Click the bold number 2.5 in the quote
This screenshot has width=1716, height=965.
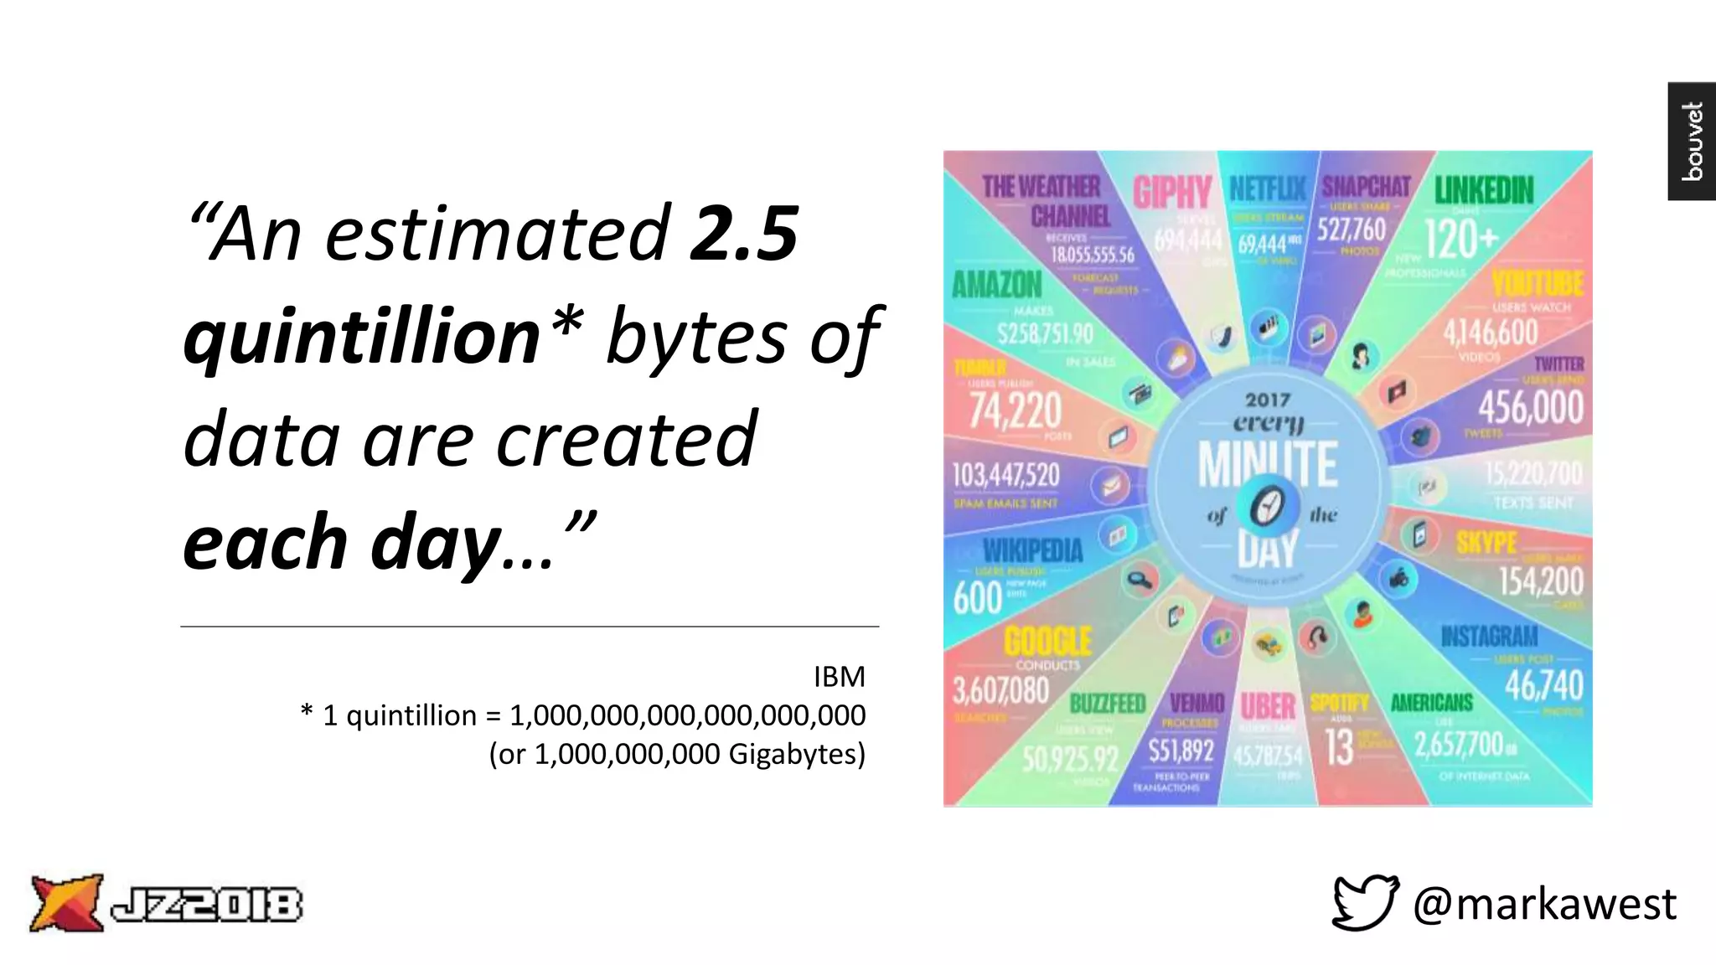[743, 234]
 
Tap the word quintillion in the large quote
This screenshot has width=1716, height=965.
[362, 337]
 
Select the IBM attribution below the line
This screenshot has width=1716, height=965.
[839, 677]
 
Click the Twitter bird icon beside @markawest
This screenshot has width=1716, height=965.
[1365, 902]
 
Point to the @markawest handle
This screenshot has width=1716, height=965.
[1544, 904]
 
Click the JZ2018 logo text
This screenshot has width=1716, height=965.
[206, 905]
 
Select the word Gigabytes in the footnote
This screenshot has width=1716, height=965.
[796, 754]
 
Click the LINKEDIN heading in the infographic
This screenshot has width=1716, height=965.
[1484, 190]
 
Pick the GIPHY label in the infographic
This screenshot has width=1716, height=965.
[1172, 193]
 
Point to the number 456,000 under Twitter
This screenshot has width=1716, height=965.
[1530, 408]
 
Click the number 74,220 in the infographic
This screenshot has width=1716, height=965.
[1015, 410]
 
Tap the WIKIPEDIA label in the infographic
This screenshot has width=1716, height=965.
[1032, 550]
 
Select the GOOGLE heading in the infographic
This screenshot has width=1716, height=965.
[1047, 642]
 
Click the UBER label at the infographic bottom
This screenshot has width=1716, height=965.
[1267, 706]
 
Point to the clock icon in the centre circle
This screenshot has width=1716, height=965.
[1267, 507]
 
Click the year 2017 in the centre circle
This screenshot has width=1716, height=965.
[1268, 400]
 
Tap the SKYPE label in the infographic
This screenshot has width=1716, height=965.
[1486, 543]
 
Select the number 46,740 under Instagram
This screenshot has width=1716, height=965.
[1543, 685]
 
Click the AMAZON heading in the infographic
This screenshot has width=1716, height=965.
[996, 286]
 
